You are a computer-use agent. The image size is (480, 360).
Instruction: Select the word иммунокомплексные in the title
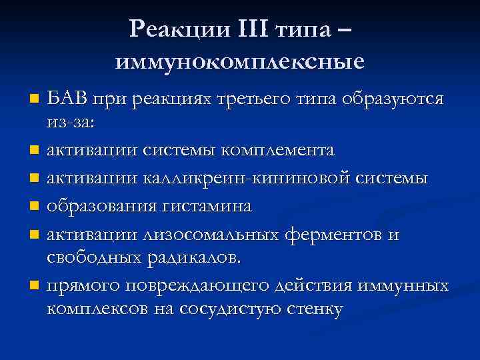(240, 62)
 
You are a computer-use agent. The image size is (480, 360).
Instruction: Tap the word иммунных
(403, 286)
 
